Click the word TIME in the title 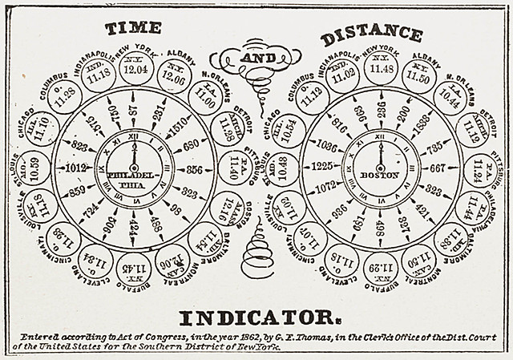coord(134,27)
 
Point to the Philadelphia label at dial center coord(133,178)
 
